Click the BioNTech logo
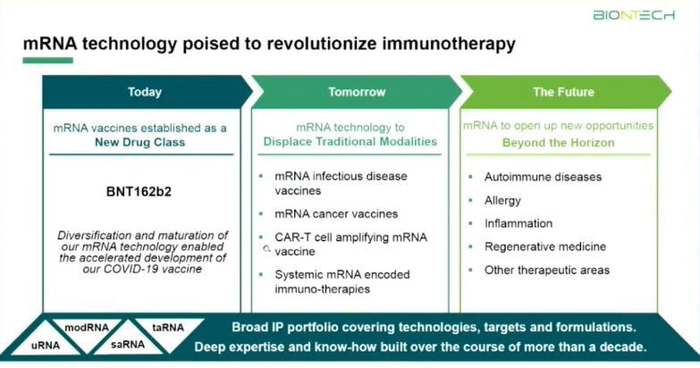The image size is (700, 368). click(x=634, y=15)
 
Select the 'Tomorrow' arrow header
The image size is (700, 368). click(x=356, y=92)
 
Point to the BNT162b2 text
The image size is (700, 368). click(x=139, y=192)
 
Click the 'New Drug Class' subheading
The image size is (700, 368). click(x=139, y=142)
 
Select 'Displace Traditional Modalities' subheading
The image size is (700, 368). click(x=350, y=141)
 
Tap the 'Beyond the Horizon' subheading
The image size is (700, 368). click(x=559, y=143)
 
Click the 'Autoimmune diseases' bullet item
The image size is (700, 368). click(x=543, y=177)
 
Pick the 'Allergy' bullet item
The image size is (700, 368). click(x=502, y=201)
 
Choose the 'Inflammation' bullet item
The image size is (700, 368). click(x=519, y=223)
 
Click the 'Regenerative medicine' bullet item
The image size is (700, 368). click(x=545, y=247)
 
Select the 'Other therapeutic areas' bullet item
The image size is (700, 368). click(x=547, y=271)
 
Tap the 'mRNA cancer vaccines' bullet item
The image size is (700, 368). click(x=336, y=214)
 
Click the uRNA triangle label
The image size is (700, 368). click(x=46, y=346)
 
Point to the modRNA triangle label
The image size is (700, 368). click(x=87, y=328)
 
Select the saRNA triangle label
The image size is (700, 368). click(x=128, y=345)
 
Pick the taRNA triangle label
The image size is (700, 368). click(x=168, y=328)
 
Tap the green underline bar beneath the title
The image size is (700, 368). click(x=47, y=60)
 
